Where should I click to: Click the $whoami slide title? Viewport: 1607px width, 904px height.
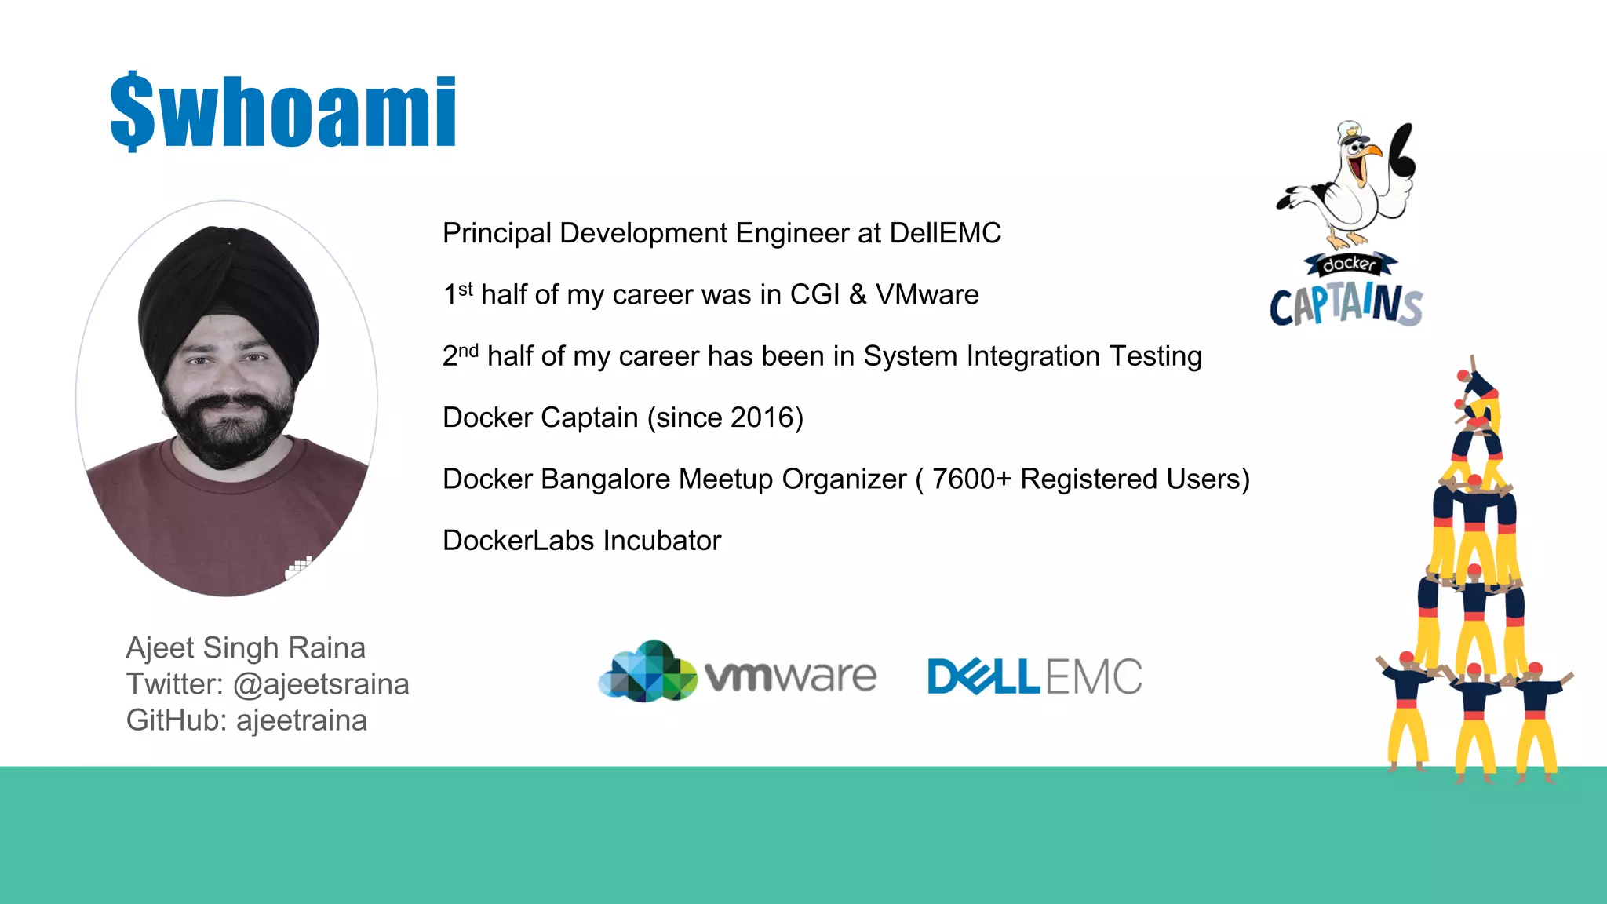[282, 111]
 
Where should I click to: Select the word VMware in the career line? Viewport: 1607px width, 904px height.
[927, 294]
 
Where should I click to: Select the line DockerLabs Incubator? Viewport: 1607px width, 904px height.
[581, 540]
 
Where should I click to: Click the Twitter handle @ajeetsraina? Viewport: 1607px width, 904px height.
[321, 684]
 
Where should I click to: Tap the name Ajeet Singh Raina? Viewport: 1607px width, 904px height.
[246, 648]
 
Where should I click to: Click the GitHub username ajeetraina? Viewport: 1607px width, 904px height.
[301, 720]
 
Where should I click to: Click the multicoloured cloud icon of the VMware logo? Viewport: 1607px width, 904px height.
[647, 672]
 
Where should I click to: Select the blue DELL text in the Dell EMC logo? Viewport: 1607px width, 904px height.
[983, 676]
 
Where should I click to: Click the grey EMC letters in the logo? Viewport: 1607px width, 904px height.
[1094, 676]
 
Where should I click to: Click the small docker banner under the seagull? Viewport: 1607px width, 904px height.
[1349, 264]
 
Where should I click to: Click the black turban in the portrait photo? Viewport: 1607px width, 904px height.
[228, 290]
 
